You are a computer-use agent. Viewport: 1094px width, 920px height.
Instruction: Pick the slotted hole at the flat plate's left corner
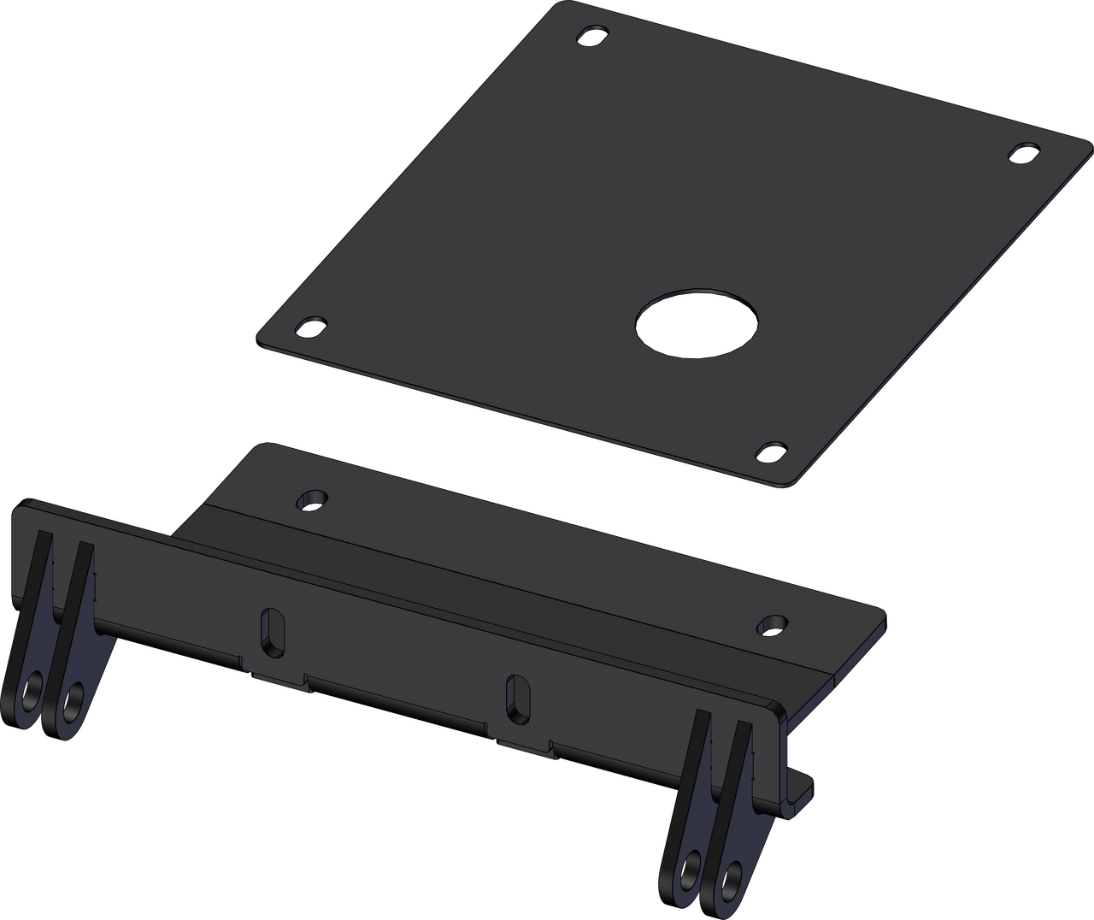(310, 327)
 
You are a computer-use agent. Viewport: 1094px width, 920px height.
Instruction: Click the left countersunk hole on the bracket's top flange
(312, 500)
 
